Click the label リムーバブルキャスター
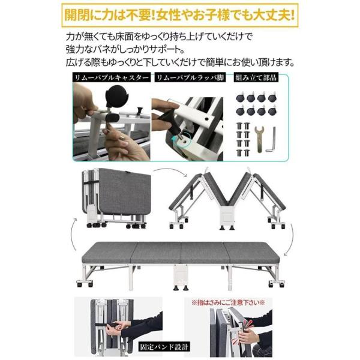coord(110,78)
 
